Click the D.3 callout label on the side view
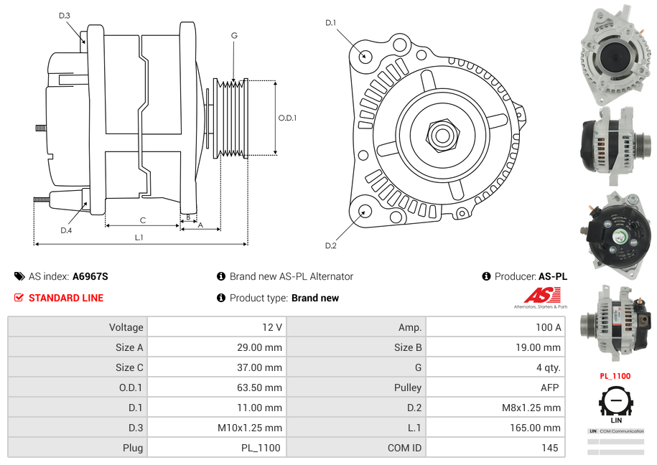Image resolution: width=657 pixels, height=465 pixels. pos(65,15)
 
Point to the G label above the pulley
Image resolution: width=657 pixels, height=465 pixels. pos(234,35)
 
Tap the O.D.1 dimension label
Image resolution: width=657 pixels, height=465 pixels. pos(287,118)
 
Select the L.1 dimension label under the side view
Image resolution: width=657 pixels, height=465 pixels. pos(139,237)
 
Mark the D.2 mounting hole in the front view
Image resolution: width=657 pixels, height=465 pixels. pos(365,211)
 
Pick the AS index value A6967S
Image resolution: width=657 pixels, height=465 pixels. pos(90,276)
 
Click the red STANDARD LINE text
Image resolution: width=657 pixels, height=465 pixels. pos(66,298)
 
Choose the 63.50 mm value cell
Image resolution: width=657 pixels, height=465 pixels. pos(262,387)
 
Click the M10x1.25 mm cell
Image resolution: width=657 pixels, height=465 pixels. pos(250,428)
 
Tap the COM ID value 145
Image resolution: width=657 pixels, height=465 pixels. pos(551,448)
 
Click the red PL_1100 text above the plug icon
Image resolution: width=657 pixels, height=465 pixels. pos(615,376)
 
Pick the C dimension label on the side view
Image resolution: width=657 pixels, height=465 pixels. pos(142,220)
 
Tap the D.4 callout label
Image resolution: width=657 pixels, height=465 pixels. pos(66,230)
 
